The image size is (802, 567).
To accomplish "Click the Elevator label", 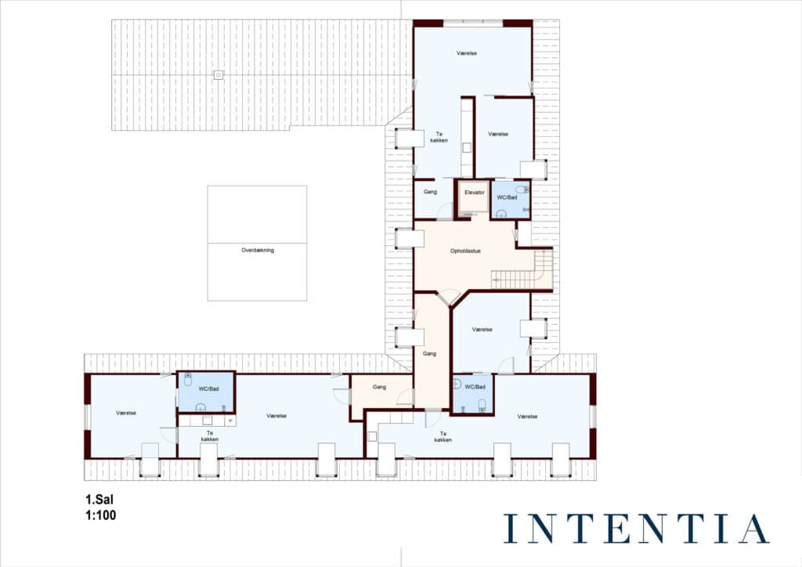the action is [x=474, y=192].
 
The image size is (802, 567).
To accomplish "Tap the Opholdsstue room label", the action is [x=465, y=251].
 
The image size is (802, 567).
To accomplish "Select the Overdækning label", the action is [x=257, y=250].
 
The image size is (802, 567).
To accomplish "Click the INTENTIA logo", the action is [x=636, y=529].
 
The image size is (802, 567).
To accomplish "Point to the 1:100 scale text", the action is [x=101, y=515].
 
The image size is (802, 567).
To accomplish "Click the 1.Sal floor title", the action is [x=99, y=500].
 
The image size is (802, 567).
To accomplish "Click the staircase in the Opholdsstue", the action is [x=522, y=269].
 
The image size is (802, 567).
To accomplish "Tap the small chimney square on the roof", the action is [x=219, y=75].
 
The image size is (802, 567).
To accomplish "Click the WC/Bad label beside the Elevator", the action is [x=507, y=197].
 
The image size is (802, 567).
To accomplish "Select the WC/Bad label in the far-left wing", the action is [x=208, y=389].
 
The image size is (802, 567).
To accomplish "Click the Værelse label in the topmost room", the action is [x=467, y=53].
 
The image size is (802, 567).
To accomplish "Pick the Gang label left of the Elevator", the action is [x=430, y=192].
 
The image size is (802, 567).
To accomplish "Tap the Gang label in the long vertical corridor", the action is [x=429, y=354].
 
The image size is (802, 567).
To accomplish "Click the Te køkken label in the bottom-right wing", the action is [x=443, y=437].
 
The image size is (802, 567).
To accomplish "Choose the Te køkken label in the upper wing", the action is [x=439, y=137].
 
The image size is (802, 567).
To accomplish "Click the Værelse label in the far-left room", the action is [x=126, y=413].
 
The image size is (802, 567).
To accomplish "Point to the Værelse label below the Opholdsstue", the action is [x=482, y=330].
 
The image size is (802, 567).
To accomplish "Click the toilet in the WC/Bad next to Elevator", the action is [x=522, y=190].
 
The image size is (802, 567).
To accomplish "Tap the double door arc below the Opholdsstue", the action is [x=450, y=297].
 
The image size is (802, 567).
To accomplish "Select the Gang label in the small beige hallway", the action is [x=379, y=387].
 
